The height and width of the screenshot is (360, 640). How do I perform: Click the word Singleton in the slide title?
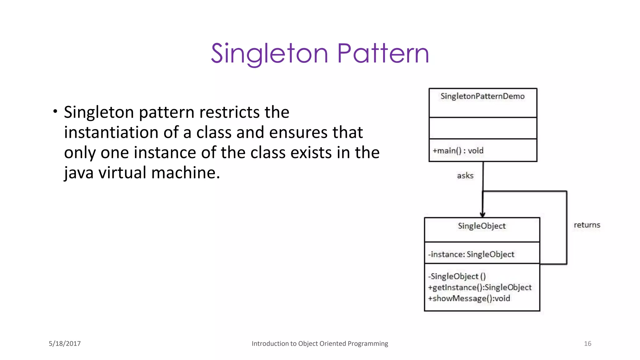point(269,54)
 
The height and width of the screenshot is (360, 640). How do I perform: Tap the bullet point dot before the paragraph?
point(55,111)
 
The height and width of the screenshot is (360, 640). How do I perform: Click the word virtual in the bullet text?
point(122,173)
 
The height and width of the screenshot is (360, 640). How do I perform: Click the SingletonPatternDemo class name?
point(482,96)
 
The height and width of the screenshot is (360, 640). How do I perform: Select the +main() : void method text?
point(458,151)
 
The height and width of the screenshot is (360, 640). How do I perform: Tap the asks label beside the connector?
point(465,176)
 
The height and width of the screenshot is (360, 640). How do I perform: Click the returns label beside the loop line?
point(587,225)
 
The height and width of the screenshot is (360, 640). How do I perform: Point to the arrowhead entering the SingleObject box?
point(482,215)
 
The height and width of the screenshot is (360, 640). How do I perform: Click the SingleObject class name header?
point(482,226)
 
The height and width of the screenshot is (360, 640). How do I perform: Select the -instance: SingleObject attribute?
point(471,254)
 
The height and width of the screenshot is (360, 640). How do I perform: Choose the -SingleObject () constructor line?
point(457,276)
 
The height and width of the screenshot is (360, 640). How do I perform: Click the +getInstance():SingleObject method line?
point(479,287)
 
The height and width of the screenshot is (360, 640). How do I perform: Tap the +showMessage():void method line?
point(469,298)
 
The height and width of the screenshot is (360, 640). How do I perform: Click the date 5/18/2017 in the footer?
point(65,344)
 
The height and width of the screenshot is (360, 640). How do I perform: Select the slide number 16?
point(587,344)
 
